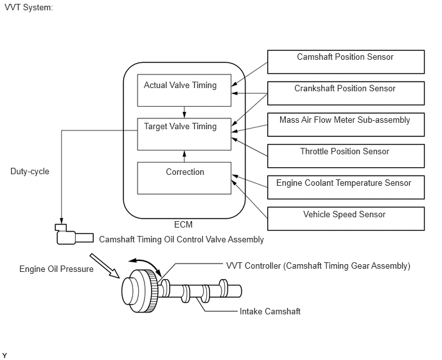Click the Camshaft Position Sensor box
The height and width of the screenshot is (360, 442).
(x=346, y=62)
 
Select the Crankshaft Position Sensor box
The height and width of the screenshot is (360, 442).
(x=346, y=93)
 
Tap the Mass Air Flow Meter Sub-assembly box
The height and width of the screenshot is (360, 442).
(x=346, y=124)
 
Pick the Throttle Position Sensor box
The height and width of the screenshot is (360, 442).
(x=346, y=156)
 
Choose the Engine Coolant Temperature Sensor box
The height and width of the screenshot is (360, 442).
(x=346, y=187)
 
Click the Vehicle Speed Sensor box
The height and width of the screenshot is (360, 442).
(x=346, y=219)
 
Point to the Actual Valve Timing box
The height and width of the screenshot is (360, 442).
(x=184, y=90)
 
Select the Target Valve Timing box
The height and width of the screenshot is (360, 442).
(x=184, y=134)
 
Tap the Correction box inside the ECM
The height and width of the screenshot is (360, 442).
(x=184, y=178)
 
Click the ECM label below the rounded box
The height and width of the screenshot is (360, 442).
(x=183, y=225)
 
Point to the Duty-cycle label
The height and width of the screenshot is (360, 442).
(x=30, y=172)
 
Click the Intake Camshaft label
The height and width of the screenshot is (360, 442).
(x=270, y=311)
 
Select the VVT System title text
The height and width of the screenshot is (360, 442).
(x=28, y=7)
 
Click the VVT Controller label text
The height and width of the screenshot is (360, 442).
(x=318, y=265)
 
